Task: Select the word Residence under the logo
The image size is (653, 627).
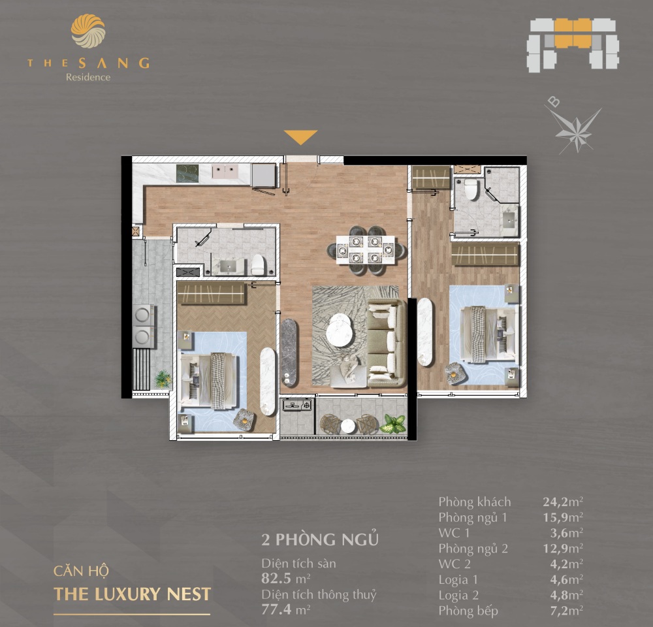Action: [88, 77]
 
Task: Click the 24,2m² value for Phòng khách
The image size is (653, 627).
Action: [562, 502]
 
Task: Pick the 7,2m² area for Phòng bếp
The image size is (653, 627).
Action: [562, 611]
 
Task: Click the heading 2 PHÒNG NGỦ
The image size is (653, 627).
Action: [319, 540]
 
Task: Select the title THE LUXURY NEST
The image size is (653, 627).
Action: [133, 594]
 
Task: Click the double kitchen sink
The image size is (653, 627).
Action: [227, 171]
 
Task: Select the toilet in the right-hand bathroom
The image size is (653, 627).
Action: [471, 189]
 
